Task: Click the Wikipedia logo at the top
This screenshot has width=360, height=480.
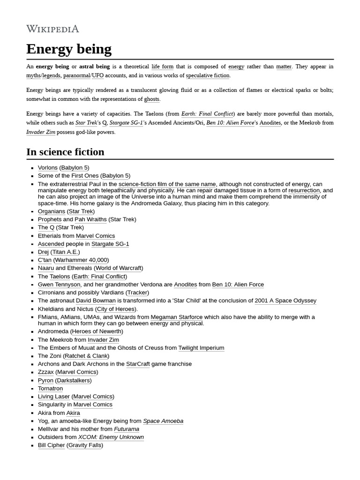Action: (x=52, y=29)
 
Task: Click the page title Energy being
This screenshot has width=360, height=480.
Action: (x=69, y=49)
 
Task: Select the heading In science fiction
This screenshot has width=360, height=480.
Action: (x=65, y=152)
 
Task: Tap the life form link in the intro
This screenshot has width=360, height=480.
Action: (x=162, y=67)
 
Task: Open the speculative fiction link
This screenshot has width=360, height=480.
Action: (x=207, y=75)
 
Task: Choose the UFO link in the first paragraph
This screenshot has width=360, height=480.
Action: (x=97, y=75)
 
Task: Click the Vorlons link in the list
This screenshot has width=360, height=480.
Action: (x=47, y=168)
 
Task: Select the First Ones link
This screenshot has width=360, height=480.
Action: (x=84, y=176)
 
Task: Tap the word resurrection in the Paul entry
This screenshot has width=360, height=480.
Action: (x=304, y=191)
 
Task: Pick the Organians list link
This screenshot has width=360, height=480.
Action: (x=51, y=211)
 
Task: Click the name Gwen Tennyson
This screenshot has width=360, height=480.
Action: (x=59, y=285)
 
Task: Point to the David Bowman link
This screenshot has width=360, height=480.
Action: (x=96, y=300)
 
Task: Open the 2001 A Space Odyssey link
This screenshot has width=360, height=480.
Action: (x=285, y=300)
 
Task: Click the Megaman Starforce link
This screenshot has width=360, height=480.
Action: (x=176, y=317)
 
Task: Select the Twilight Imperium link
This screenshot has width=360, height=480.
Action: (x=201, y=348)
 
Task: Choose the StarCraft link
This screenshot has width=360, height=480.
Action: (x=138, y=364)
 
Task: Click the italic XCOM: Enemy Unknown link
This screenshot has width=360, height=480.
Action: (x=111, y=437)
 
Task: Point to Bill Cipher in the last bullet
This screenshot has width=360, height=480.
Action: (x=51, y=445)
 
